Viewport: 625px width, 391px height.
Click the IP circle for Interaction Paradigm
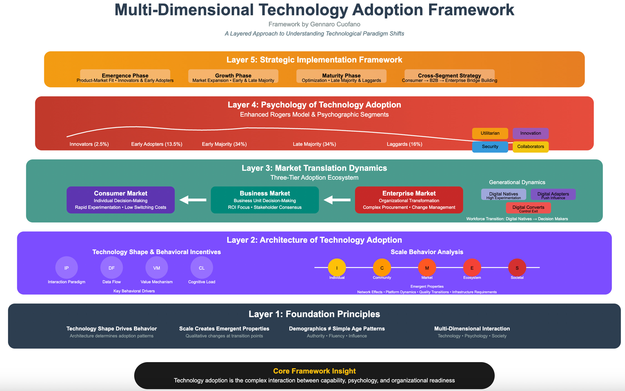tap(66, 268)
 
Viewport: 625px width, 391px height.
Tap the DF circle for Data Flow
tap(111, 268)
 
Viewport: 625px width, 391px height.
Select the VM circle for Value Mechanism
tap(156, 268)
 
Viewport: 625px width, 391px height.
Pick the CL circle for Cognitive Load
tap(202, 268)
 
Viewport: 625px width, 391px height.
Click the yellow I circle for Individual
tap(337, 268)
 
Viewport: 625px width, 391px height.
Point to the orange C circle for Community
tap(382, 268)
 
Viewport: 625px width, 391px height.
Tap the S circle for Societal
tap(517, 268)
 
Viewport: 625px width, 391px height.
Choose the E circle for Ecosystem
tap(472, 268)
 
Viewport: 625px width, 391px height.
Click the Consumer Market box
tap(121, 200)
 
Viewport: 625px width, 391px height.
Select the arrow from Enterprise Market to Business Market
tap(337, 200)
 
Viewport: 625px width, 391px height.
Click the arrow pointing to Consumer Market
tap(193, 200)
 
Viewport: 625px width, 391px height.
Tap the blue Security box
tap(490, 147)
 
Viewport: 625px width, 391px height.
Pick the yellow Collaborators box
tap(531, 147)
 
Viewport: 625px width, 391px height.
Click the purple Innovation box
tap(531, 133)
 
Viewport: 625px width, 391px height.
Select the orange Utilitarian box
tap(490, 133)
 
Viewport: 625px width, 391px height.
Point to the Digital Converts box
tap(528, 208)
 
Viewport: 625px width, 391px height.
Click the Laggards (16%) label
tap(404, 144)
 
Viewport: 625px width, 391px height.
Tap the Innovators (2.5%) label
tap(89, 144)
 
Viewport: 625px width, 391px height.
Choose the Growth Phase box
tap(233, 76)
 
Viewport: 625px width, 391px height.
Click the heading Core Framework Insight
tap(314, 371)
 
